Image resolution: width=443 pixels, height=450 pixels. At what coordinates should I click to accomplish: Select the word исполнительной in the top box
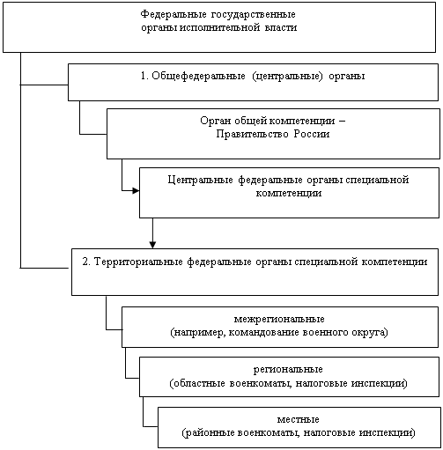[219, 27]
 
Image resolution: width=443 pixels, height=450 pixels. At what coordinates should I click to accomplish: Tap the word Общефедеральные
[198, 77]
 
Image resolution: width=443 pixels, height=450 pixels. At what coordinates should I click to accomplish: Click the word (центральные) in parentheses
[287, 77]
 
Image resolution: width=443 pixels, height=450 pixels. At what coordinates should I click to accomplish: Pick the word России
[312, 134]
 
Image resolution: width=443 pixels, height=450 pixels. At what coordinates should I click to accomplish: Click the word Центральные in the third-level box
[201, 180]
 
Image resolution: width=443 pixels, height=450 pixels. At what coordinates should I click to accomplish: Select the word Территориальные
[138, 262]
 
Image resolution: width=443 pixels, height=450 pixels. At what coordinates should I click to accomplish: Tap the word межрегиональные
[279, 319]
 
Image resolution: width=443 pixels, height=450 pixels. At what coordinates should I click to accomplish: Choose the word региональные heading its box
[288, 369]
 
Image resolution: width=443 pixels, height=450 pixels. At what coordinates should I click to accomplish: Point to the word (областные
[197, 383]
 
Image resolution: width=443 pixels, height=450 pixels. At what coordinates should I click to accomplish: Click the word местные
[298, 419]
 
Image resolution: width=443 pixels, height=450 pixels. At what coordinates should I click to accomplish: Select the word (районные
[208, 432]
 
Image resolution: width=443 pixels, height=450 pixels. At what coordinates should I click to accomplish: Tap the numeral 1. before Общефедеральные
[144, 76]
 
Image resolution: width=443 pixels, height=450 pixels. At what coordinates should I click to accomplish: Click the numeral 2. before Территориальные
[86, 262]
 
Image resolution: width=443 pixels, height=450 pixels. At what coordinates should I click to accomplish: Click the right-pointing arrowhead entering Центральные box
[136, 191]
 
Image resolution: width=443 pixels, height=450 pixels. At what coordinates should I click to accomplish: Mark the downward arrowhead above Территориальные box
[152, 245]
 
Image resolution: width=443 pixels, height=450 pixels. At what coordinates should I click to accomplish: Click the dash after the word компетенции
[342, 121]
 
